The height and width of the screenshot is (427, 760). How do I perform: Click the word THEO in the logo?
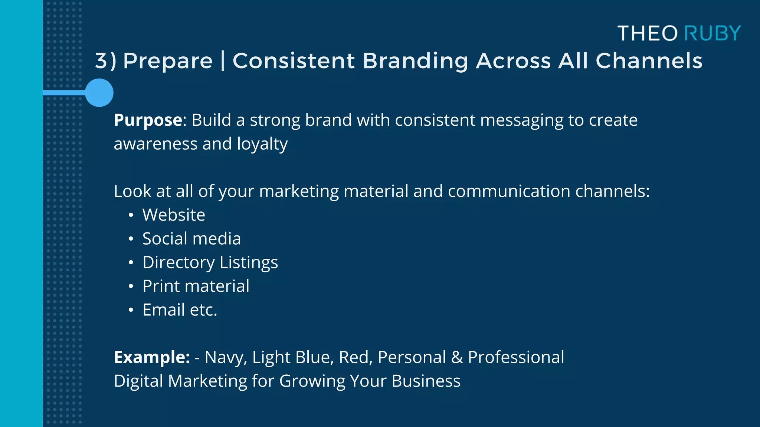click(x=648, y=33)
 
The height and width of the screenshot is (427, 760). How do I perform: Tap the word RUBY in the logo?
click(x=712, y=33)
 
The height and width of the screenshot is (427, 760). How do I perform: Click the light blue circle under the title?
click(x=99, y=93)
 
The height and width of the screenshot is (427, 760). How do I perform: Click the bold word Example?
click(x=152, y=357)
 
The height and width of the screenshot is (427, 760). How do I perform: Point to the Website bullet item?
click(x=174, y=215)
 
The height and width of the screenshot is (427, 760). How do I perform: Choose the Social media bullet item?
click(x=191, y=239)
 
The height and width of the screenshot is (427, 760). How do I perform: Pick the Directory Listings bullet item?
click(x=210, y=262)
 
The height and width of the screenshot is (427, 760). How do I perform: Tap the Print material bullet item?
click(x=196, y=286)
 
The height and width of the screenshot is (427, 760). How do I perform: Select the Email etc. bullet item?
click(x=180, y=310)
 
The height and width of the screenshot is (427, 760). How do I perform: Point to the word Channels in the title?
click(x=649, y=61)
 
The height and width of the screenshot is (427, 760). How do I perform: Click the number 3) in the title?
click(x=106, y=61)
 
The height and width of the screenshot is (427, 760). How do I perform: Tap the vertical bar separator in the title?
click(x=223, y=61)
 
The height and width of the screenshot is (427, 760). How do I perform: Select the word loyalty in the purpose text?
click(x=262, y=144)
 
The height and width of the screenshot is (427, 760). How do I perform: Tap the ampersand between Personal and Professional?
click(x=457, y=357)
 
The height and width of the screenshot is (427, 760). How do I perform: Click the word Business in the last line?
click(x=426, y=381)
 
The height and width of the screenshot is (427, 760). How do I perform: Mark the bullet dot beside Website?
click(x=131, y=215)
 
